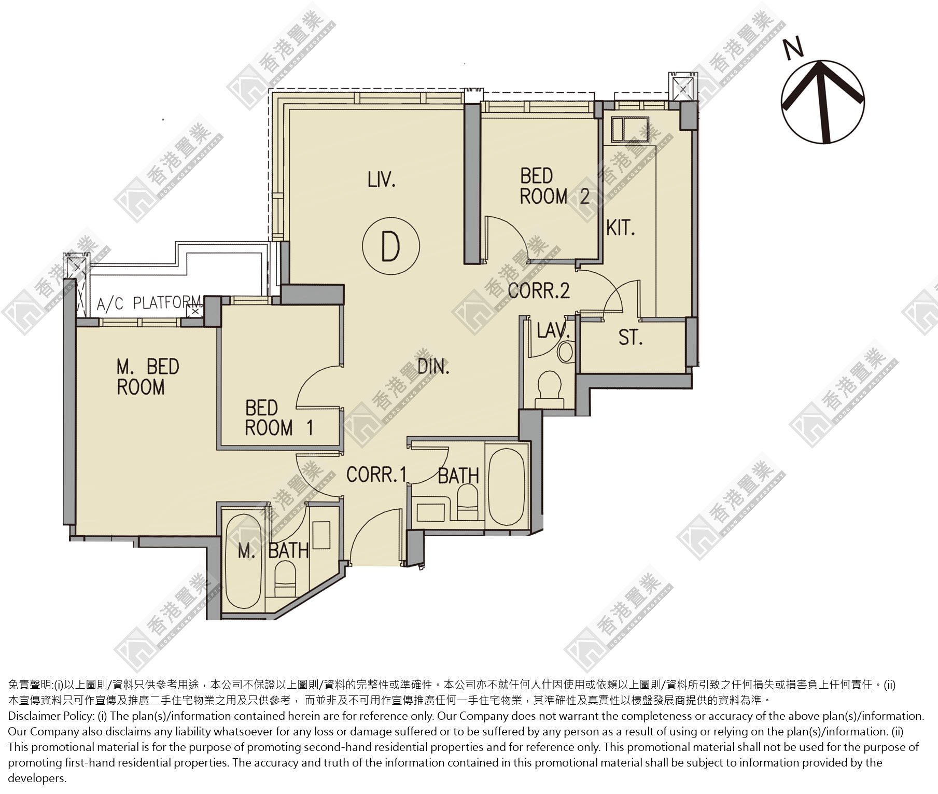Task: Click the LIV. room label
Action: (x=382, y=180)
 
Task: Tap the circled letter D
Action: (x=391, y=246)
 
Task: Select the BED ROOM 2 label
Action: (x=555, y=186)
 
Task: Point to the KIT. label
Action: (x=621, y=228)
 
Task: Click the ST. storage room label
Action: (x=631, y=338)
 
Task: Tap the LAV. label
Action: (x=553, y=330)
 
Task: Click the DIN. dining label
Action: (x=433, y=367)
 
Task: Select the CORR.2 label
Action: (x=539, y=290)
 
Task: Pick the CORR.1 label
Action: (x=376, y=475)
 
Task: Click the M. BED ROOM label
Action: (x=148, y=377)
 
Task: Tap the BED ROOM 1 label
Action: (x=279, y=418)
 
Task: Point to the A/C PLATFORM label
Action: (x=149, y=303)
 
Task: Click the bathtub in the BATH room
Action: (x=506, y=487)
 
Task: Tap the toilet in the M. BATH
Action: (x=284, y=581)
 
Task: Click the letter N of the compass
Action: (x=793, y=48)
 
